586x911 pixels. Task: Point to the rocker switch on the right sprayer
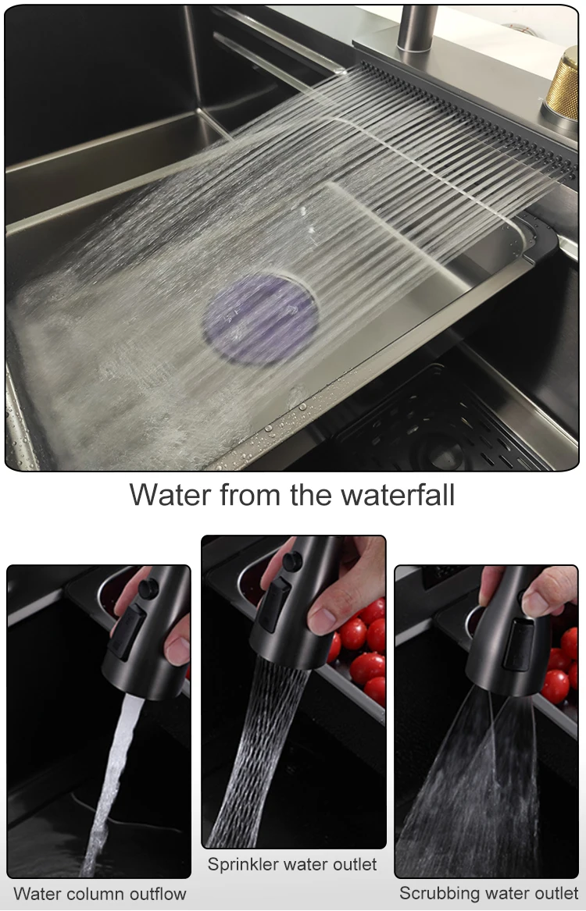coord(518,644)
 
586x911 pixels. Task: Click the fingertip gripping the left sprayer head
coord(178,650)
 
